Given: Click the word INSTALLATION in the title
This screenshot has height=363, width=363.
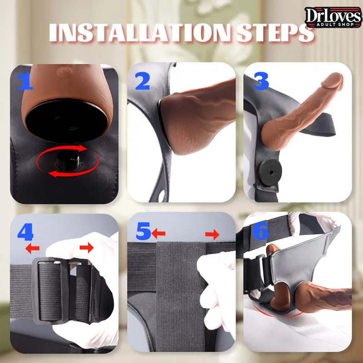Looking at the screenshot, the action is (140, 33).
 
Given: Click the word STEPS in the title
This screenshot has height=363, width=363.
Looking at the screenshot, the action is (275, 33).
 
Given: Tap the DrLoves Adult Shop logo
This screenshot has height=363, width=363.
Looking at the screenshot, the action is (333, 17).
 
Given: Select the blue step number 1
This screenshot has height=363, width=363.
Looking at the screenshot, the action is (25, 81).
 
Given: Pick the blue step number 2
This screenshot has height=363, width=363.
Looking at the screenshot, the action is (142, 81).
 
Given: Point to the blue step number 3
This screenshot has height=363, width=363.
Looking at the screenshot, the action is (261, 81).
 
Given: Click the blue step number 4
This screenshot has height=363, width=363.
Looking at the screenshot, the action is (25, 232).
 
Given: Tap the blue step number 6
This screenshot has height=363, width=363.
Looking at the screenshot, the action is (260, 231).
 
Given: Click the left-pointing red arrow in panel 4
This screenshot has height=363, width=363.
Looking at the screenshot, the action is (32, 249).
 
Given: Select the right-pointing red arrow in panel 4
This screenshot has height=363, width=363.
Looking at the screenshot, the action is (87, 248).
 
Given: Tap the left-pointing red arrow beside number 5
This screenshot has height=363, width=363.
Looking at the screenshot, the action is (158, 234).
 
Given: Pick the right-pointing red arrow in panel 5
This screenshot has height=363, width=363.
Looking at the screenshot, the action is (212, 235).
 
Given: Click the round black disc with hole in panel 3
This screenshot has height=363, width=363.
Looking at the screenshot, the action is (270, 172).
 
